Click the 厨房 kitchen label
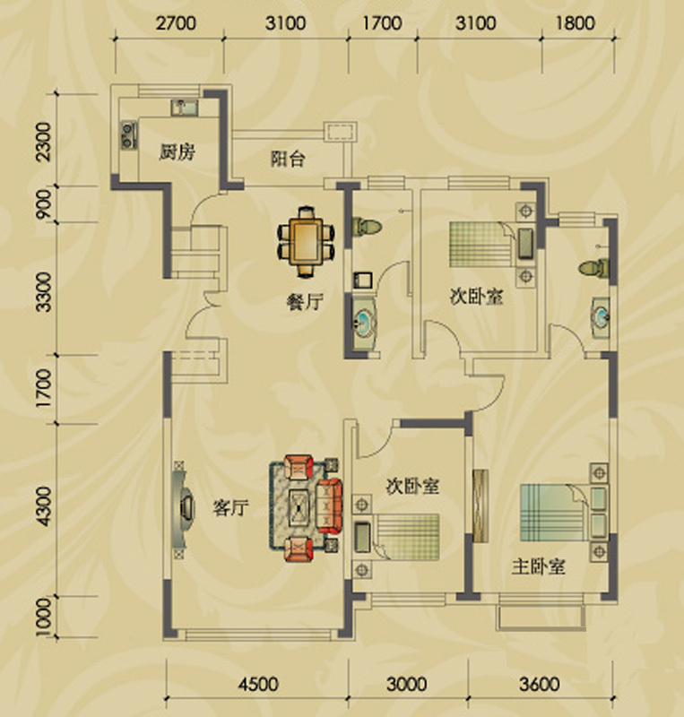point(177,151)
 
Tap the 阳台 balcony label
point(288,159)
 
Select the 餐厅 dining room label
point(305,302)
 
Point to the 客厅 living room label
point(230,507)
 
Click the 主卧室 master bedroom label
point(538,566)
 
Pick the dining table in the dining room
point(306,242)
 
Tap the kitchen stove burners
point(128,135)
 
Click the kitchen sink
point(185,108)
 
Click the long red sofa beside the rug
point(329,506)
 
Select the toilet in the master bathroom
point(593,267)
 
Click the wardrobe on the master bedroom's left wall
point(481,506)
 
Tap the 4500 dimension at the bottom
point(258,684)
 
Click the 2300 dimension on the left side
point(45,142)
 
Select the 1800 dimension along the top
point(576,23)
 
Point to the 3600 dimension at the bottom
point(540,684)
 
